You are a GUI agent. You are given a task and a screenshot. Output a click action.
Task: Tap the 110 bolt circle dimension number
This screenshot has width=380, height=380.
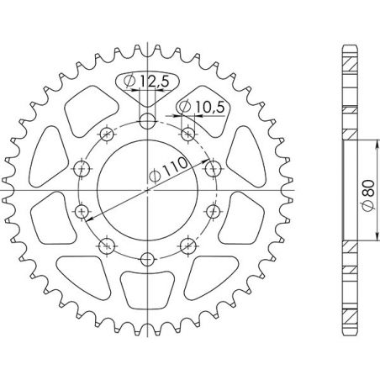172,167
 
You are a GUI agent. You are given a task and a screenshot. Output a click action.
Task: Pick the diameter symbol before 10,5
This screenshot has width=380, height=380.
184,106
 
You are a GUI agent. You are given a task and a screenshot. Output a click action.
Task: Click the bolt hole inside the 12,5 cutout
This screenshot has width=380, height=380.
147,120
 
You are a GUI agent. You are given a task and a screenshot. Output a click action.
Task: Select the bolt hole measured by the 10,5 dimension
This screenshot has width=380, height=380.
187,133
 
